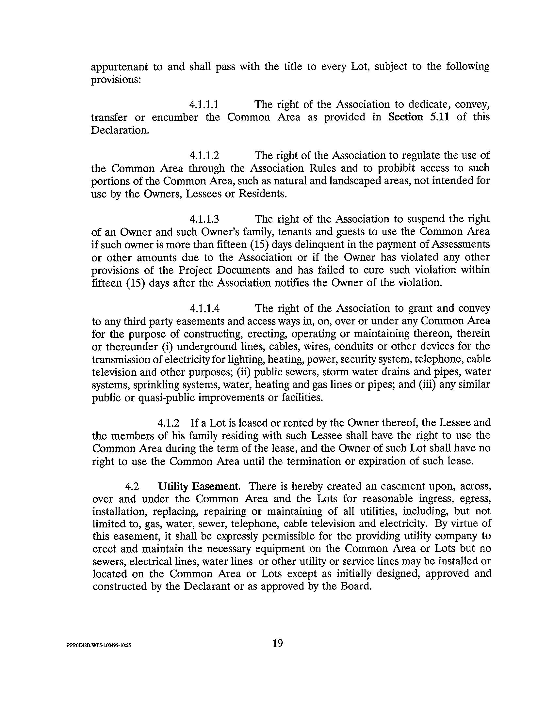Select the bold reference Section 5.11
pos(418,117)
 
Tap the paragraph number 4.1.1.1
pos(204,104)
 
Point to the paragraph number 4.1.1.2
pos(204,155)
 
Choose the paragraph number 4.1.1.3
pos(204,219)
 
